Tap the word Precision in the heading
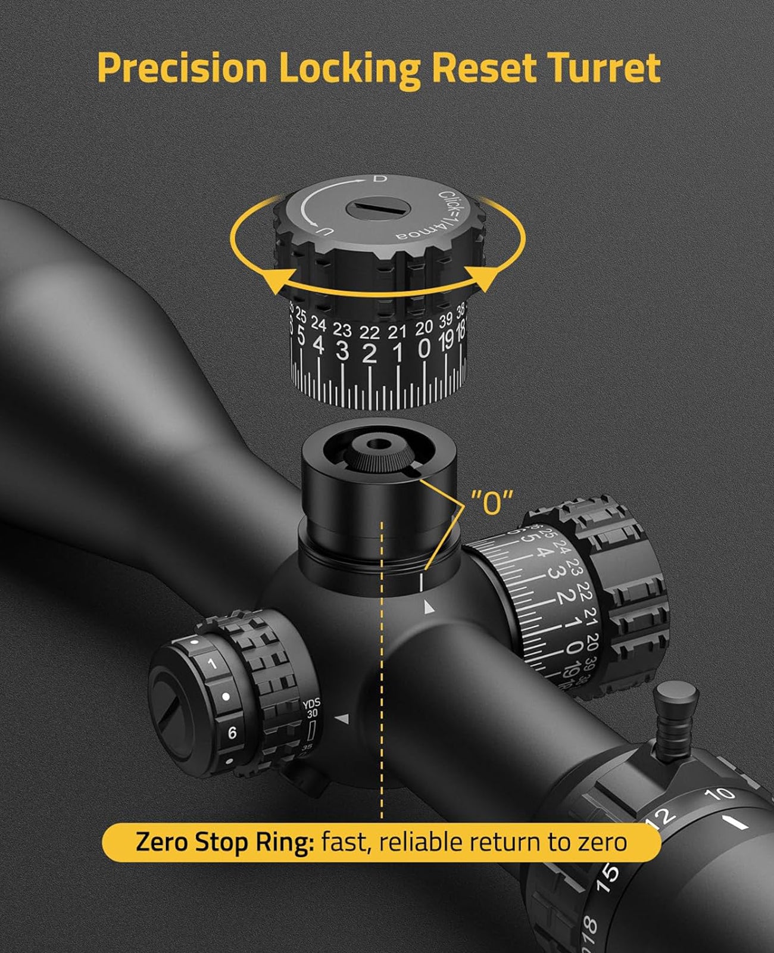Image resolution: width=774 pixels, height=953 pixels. click(182, 68)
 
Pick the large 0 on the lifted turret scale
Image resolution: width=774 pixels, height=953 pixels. click(424, 348)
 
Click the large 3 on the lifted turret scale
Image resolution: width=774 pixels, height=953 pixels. click(342, 350)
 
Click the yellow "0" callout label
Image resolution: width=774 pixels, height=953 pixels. click(491, 502)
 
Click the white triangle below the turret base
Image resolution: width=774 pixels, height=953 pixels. click(428, 608)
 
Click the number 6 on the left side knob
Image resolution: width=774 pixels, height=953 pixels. click(232, 733)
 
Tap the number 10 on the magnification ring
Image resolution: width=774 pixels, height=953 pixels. click(719, 794)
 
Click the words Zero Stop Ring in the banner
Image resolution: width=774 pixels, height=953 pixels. click(224, 842)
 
